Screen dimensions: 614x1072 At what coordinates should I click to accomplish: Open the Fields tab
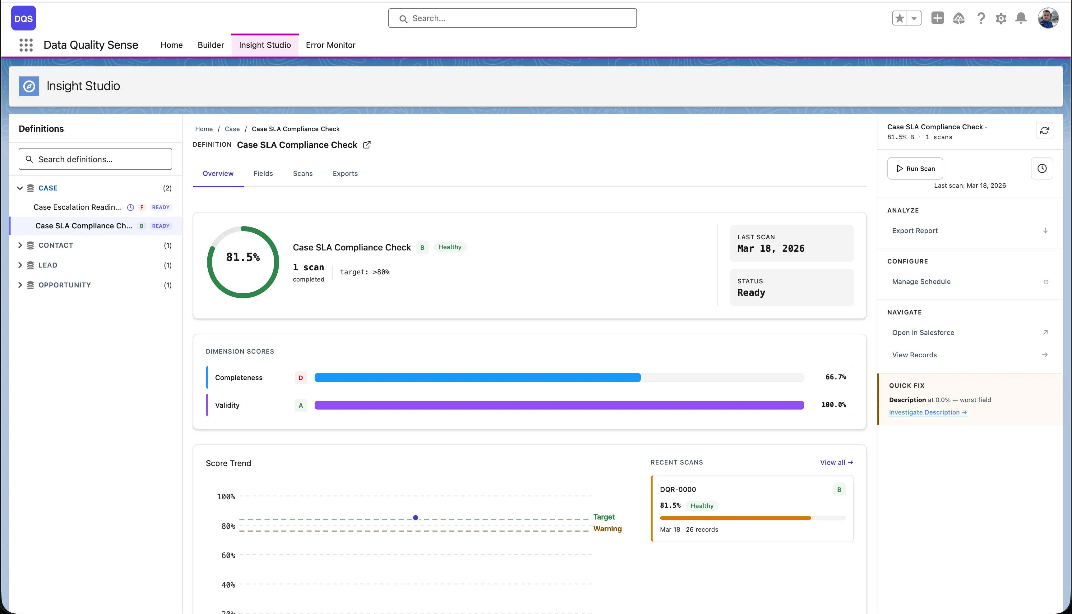pos(263,173)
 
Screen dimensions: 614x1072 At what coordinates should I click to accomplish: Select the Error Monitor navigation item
pos(330,45)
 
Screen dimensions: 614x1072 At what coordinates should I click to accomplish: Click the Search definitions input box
pos(95,159)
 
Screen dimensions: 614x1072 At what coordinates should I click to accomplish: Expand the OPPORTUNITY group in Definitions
pos(20,285)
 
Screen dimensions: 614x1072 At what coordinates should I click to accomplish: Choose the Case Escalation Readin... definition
pos(77,207)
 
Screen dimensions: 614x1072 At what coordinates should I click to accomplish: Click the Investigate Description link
pos(928,412)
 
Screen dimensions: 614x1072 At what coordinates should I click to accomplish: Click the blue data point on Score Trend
pos(416,517)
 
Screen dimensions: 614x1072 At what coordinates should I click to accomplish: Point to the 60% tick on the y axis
pos(228,555)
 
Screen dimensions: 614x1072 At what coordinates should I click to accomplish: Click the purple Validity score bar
pos(559,405)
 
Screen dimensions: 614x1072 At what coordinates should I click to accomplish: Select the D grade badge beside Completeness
pos(300,378)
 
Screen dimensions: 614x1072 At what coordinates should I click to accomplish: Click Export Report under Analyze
pos(915,231)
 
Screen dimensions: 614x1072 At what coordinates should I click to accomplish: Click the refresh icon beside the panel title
pos(1044,131)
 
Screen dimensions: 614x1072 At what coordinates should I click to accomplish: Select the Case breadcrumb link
pos(232,129)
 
